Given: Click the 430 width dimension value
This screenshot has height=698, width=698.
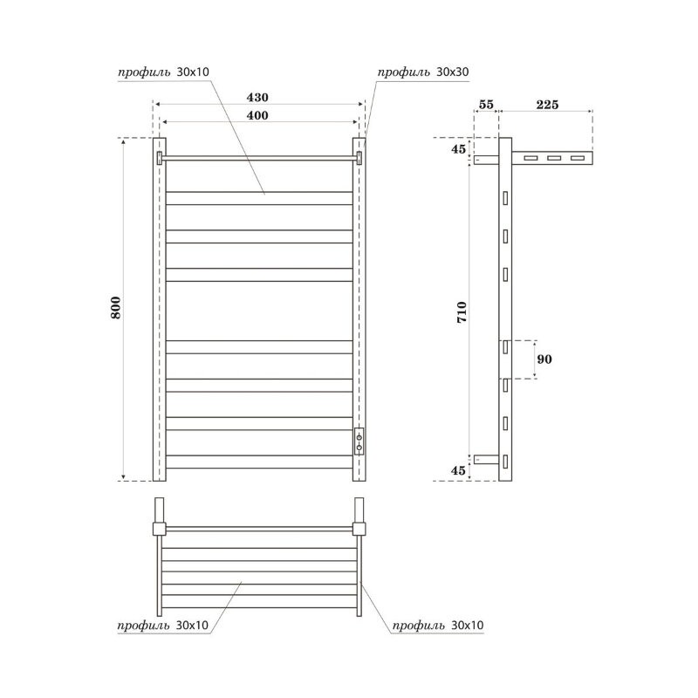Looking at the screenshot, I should click(258, 97).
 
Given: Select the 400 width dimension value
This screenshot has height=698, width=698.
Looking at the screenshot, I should click(257, 115).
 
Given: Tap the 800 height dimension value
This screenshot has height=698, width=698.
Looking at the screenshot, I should click(117, 307).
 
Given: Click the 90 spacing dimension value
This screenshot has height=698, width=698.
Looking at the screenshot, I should click(545, 359).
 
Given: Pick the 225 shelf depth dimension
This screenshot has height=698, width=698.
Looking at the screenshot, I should click(547, 105).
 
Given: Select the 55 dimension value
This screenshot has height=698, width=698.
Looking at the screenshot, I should click(486, 105).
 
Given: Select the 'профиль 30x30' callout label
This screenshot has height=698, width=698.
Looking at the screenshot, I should click(424, 73).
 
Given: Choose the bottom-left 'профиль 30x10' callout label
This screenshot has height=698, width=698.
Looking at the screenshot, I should click(162, 626).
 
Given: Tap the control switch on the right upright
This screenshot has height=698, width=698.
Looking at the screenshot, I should click(359, 440).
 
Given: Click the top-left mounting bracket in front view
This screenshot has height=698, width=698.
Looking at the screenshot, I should click(159, 158).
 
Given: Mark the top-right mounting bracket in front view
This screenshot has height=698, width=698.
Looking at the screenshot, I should click(359, 158).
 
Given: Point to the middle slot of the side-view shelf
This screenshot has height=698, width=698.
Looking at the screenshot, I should click(553, 159).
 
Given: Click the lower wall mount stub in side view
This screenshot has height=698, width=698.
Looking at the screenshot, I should click(486, 458).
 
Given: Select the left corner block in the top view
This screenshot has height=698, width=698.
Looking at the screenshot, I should click(158, 528).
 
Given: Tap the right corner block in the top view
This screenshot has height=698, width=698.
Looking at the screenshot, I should click(359, 528).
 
